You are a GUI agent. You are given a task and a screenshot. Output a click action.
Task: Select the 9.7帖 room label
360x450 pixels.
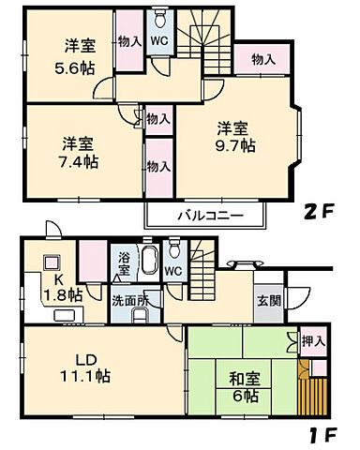[232, 136]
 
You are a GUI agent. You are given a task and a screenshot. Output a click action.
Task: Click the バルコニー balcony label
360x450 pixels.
[210, 216]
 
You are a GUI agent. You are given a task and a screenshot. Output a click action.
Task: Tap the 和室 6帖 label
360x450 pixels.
[244, 387]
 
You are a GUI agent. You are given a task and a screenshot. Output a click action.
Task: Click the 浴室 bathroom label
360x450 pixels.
[124, 262]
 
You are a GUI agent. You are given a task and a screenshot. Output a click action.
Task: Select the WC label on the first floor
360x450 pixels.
[173, 273]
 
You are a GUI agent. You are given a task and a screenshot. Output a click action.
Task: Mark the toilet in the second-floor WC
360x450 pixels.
[160, 18]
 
